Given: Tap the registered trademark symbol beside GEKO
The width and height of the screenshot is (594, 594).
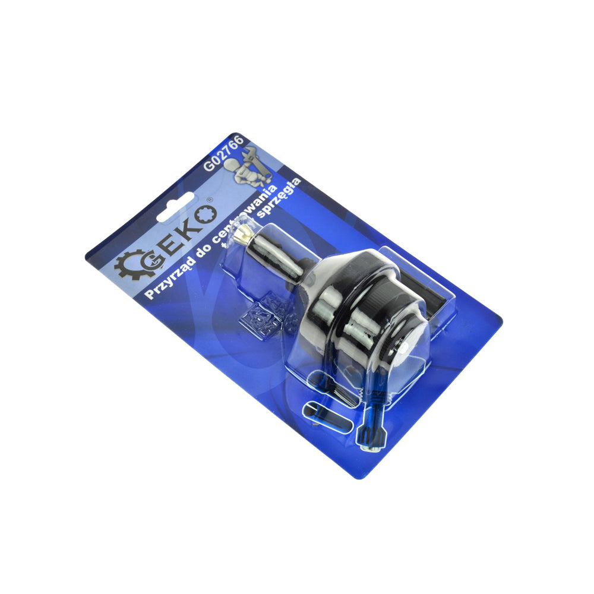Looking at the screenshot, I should [209, 200].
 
